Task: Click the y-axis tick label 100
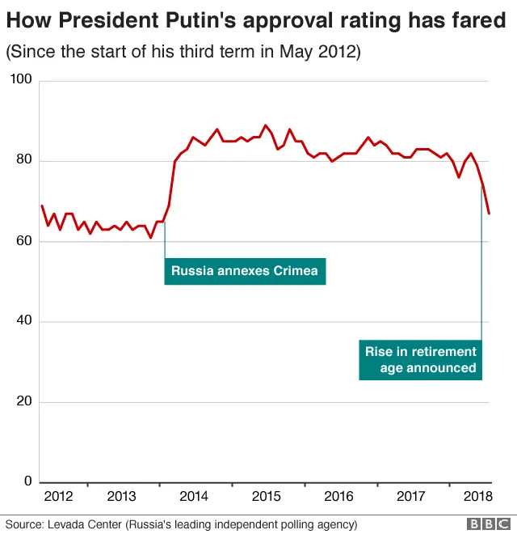point(21,80)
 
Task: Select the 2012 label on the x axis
point(58,497)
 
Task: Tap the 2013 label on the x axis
point(121,497)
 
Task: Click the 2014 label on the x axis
point(195,497)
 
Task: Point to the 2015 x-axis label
point(267,497)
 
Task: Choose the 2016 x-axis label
point(338,497)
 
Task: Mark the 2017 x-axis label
point(411,497)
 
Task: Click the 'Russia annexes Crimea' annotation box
point(245,271)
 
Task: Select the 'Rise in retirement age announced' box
point(421,360)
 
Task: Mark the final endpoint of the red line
point(490,214)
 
